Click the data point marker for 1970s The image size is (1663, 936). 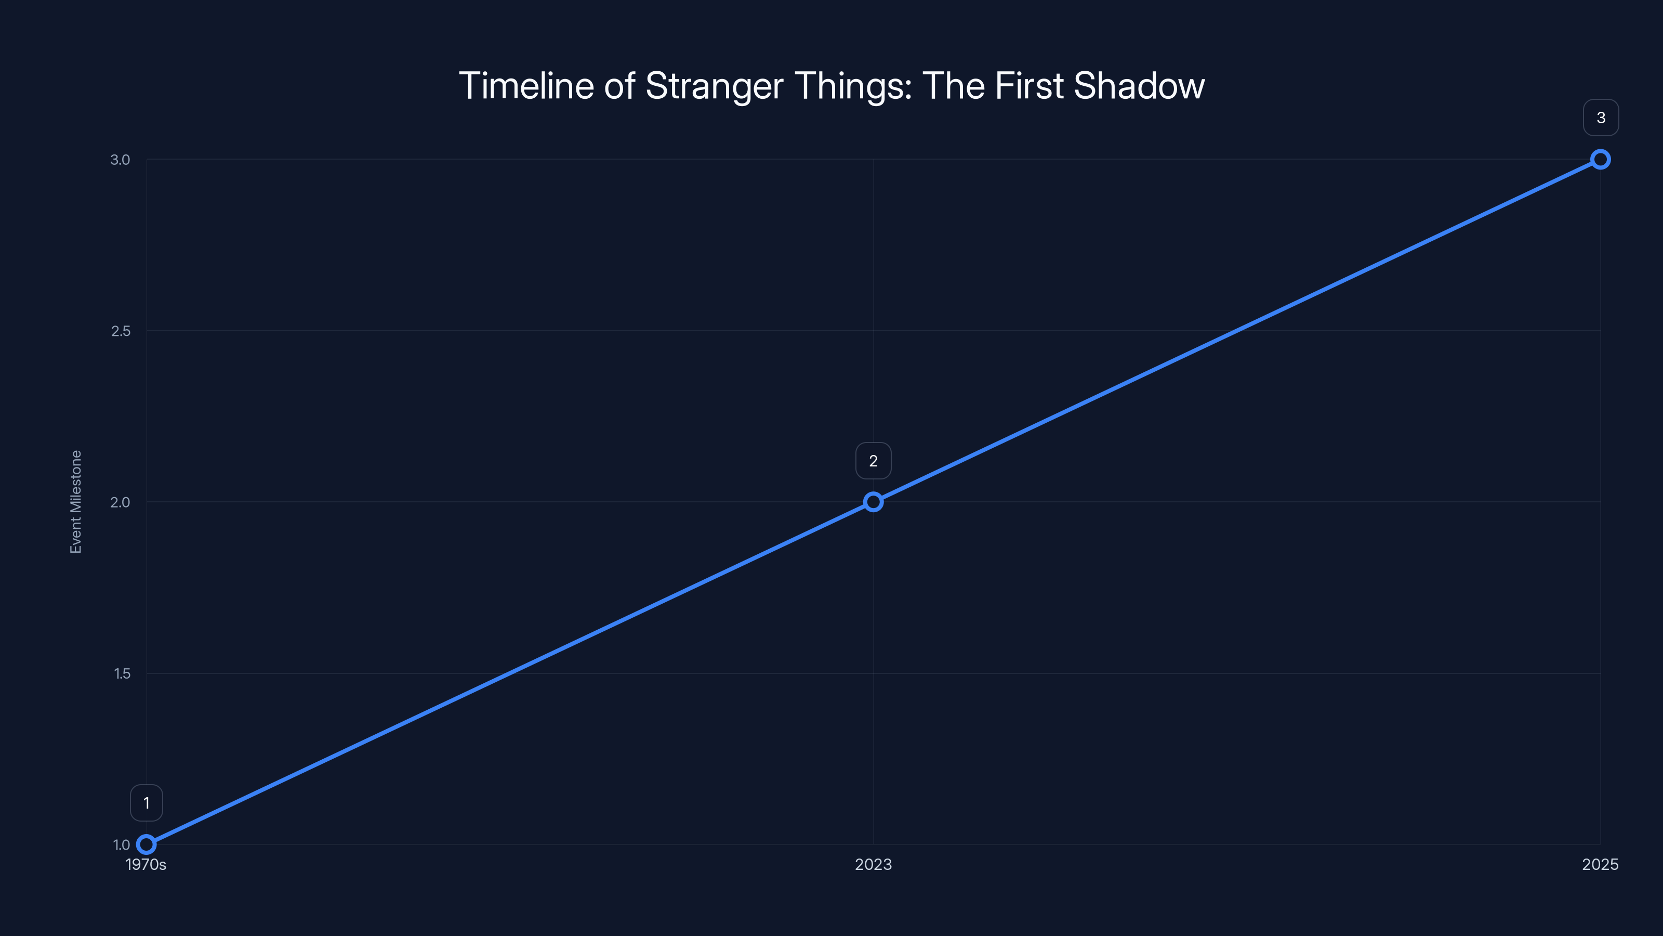[147, 844]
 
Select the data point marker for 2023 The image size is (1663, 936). [873, 502]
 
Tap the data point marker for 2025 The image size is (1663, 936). [1601, 160]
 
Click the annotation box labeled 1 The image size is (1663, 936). [147, 803]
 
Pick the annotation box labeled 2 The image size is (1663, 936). [873, 461]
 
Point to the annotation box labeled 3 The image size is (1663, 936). [1601, 118]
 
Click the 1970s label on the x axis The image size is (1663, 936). [146, 864]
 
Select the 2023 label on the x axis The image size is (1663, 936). [873, 864]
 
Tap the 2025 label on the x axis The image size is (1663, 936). [1600, 864]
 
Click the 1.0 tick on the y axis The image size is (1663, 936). [122, 845]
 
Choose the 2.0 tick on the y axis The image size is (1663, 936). [120, 502]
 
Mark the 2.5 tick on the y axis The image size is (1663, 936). [120, 331]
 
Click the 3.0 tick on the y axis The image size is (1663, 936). [120, 160]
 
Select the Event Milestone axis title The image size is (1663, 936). [76, 502]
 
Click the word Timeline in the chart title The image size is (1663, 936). [526, 86]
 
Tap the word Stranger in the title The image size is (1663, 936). [715, 86]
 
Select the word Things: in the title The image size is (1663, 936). [853, 86]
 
